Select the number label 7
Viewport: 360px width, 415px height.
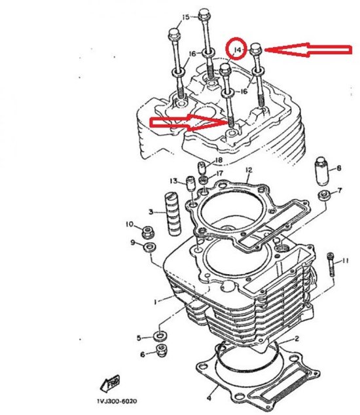pyautogui.click(x=339, y=191)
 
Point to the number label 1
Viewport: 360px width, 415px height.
pyautogui.click(x=154, y=302)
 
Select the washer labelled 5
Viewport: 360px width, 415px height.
pyautogui.click(x=160, y=336)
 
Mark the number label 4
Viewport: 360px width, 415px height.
pyautogui.click(x=209, y=397)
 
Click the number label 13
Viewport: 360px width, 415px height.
pyautogui.click(x=173, y=181)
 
